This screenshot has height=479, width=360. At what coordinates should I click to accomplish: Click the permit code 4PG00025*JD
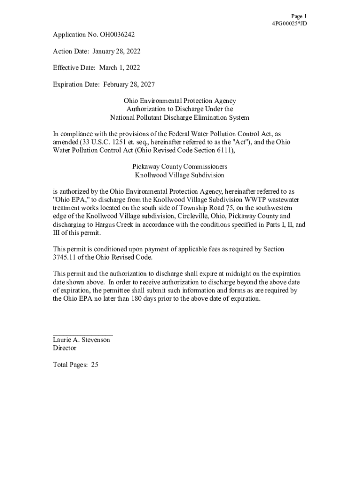coord(289,23)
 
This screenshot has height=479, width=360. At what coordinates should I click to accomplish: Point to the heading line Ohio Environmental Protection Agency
coord(180,101)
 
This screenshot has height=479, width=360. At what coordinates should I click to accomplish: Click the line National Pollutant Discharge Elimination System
coord(180,117)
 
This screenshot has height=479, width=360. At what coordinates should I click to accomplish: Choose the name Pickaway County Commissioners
coord(180,167)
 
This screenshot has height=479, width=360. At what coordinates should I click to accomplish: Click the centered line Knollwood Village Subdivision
coord(180,175)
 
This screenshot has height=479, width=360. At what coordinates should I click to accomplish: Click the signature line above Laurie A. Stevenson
coord(83,334)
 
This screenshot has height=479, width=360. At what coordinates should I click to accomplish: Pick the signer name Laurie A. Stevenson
coord(81,340)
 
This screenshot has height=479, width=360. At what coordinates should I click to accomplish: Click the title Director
coord(65,348)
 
